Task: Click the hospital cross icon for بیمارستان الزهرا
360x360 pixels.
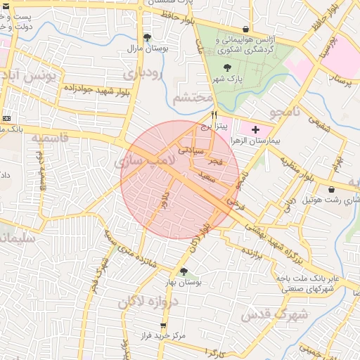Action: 255,129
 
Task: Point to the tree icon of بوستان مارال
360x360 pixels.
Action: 146,38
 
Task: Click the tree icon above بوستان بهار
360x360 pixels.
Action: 184,271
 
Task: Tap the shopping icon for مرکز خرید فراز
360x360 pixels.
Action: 164,326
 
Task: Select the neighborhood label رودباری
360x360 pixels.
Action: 143,73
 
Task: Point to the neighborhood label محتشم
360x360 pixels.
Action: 192,98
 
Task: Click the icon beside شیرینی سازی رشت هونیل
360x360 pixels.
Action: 331,189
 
